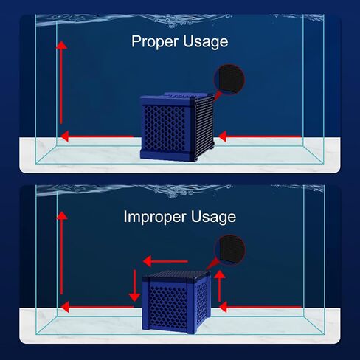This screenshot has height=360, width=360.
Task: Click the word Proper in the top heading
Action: pos(155,42)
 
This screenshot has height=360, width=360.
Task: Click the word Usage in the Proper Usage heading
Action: pos(206,42)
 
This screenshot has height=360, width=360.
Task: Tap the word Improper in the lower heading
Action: pos(154,217)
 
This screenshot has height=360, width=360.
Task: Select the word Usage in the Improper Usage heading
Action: pos(213,217)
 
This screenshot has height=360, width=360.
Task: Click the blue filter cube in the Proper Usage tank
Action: pos(177,127)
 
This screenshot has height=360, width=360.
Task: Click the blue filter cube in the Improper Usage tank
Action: pos(176,302)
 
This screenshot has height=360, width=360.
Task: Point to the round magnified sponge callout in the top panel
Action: pos(230,79)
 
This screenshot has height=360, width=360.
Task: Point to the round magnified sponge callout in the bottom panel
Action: pos(230,250)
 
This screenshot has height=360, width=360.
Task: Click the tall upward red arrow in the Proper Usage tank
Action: pos(61,83)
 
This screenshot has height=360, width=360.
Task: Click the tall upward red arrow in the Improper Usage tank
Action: pos(61,253)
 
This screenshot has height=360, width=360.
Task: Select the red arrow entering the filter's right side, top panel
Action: pos(260,136)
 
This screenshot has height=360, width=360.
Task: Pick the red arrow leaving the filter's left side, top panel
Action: pos(97,136)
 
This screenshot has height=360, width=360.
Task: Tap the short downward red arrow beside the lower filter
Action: pos(134,285)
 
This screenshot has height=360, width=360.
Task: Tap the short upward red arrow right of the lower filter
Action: pos(220,286)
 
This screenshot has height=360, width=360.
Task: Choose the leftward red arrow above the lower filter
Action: pos(165,261)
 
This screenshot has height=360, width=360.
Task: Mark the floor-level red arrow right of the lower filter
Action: pos(260,307)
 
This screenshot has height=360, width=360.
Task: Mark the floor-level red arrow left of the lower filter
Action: pos(97,307)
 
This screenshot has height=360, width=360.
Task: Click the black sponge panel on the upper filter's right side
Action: pos(204,126)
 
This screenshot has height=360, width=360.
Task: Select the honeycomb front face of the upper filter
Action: pos(165,128)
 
